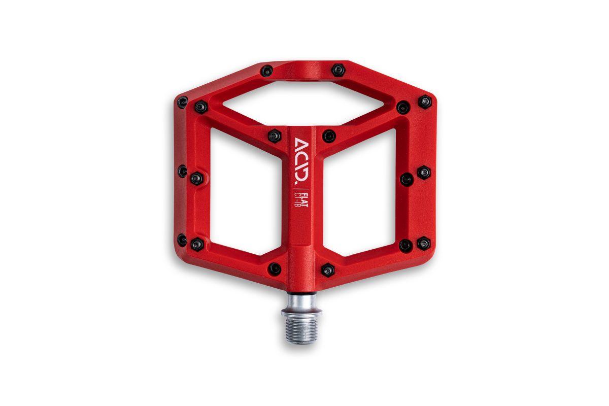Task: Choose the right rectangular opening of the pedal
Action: [359, 192]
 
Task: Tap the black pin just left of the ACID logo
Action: [275, 136]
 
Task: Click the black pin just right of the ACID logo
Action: [329, 136]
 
